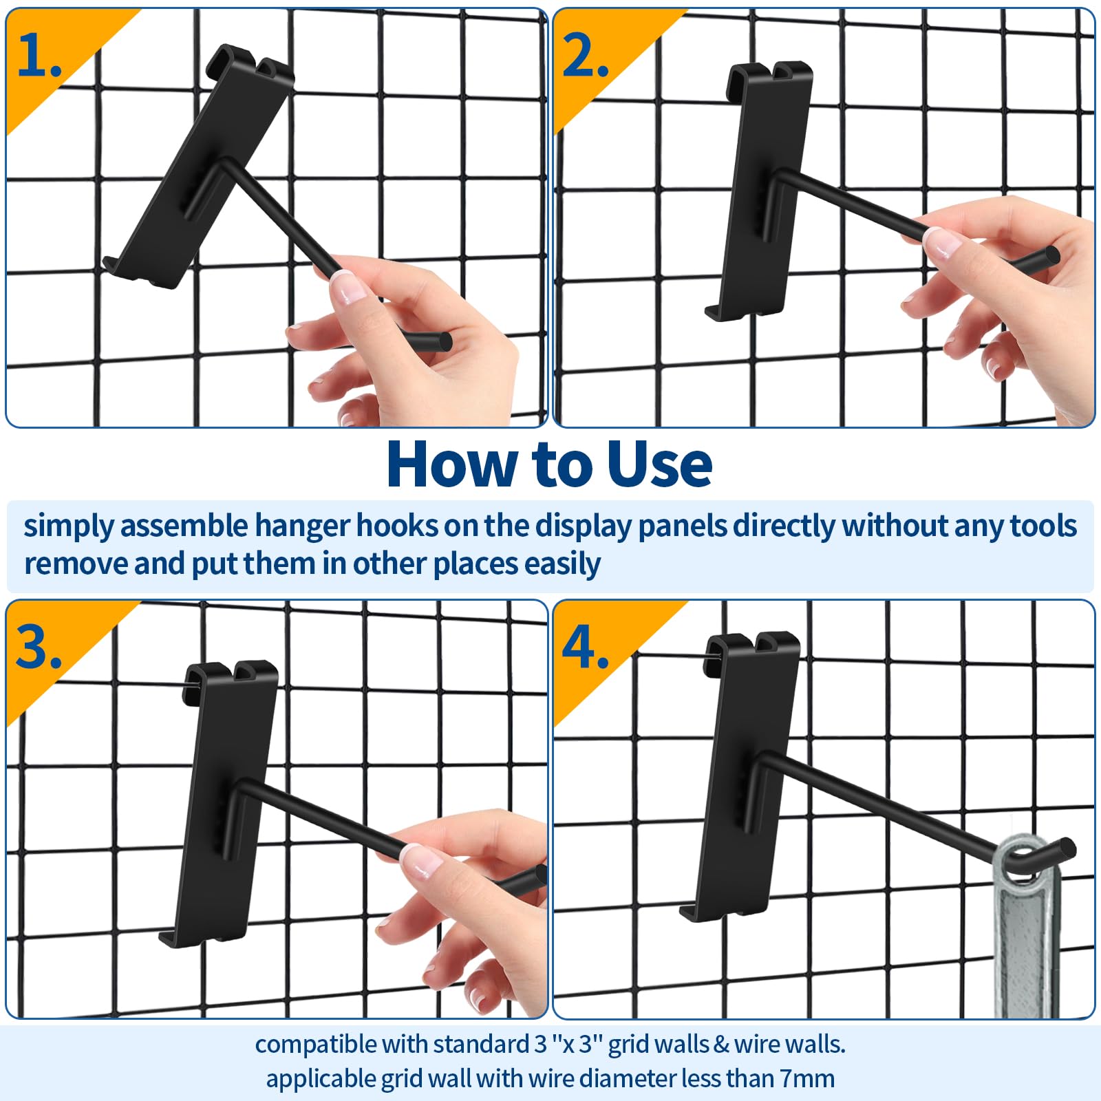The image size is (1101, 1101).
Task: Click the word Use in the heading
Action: pos(659,464)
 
